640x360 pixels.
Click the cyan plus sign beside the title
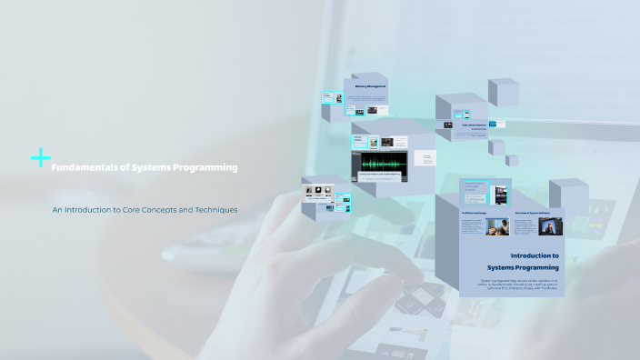(40, 158)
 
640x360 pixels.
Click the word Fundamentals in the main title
(77, 167)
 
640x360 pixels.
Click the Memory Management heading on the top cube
(370, 86)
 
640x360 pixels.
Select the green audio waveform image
(382, 164)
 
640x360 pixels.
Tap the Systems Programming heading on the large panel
(523, 268)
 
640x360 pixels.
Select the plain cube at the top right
(503, 92)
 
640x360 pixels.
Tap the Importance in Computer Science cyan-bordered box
(475, 187)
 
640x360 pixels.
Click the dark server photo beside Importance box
(498, 193)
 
